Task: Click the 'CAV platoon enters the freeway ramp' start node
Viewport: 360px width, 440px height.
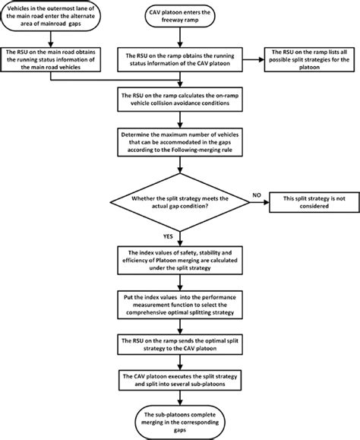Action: [179, 16]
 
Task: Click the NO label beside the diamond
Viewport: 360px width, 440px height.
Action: [257, 195]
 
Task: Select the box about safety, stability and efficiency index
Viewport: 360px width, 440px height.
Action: [179, 258]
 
